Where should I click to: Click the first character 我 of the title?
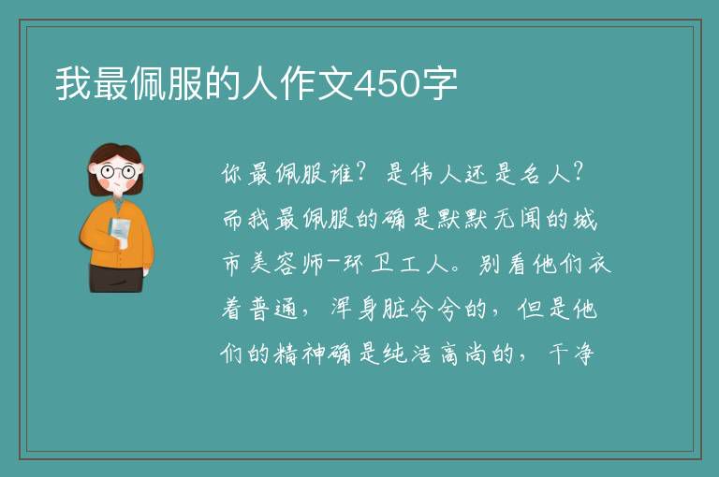[x=73, y=84]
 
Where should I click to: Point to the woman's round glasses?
[x=117, y=172]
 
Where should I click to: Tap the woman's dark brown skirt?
[x=115, y=278]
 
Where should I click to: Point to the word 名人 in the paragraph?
[x=545, y=174]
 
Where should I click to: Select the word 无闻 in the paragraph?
[x=517, y=219]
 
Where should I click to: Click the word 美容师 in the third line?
[x=274, y=265]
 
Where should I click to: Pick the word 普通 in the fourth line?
[x=274, y=310]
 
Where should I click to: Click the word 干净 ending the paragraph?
[x=571, y=354]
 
